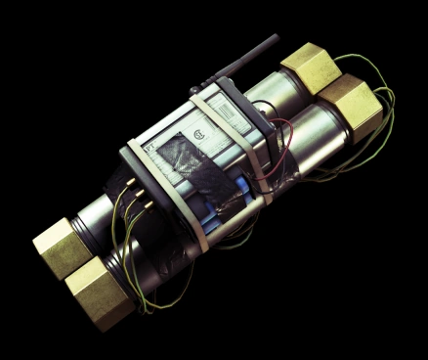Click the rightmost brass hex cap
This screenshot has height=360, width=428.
tap(350, 107)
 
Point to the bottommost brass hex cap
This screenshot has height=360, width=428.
tap(101, 292)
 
